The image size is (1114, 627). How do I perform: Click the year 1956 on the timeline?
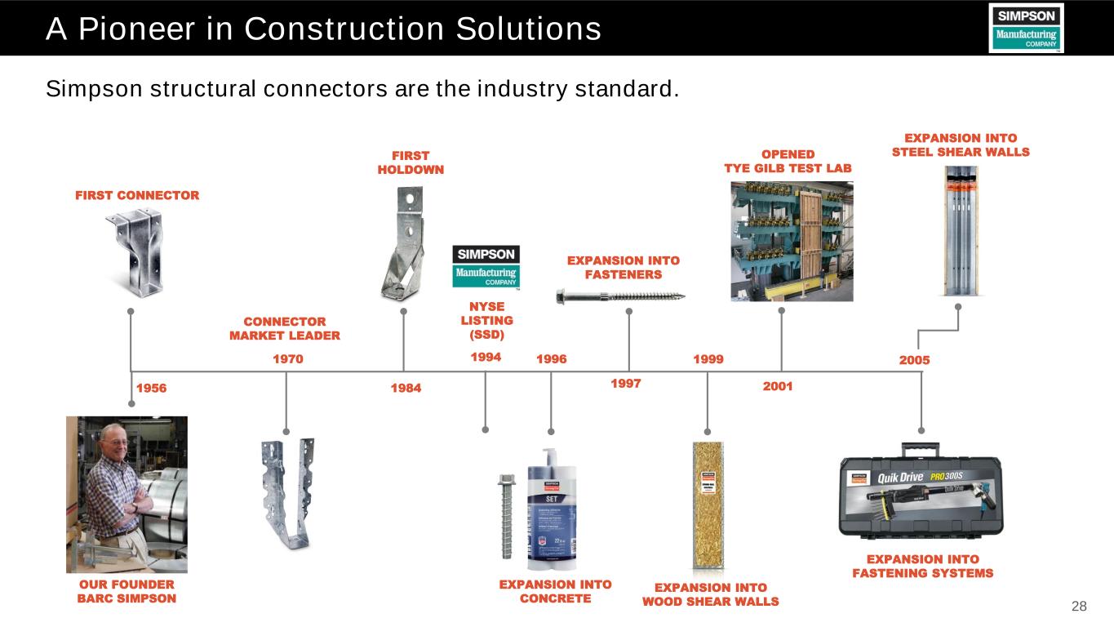coord(151,389)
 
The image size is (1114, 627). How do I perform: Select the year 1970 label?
coord(287,358)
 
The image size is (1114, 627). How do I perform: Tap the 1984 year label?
coord(406,389)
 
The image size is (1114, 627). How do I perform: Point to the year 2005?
coord(914,359)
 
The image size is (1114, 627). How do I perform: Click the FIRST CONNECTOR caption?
coord(137,196)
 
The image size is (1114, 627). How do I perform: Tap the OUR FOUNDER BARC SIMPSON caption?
coord(126,591)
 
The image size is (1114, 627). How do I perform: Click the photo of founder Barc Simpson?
coord(126,494)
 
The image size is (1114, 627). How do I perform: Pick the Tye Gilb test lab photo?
coord(791,241)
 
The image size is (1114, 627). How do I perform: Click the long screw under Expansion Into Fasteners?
coord(620,295)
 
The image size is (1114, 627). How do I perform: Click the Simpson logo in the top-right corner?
coord(1026,28)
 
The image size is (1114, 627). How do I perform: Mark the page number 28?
coord(1079,606)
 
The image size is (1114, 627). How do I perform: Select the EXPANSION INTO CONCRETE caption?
coord(555,591)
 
